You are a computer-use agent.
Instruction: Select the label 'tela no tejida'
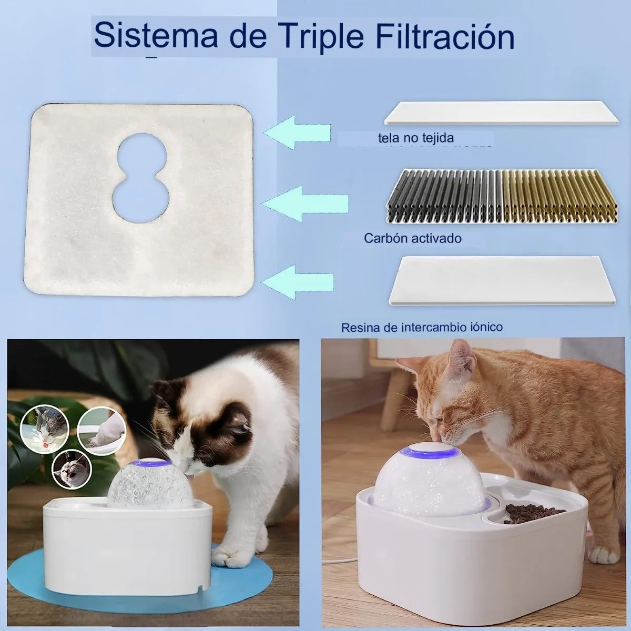point(416,138)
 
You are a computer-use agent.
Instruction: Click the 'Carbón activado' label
point(413,238)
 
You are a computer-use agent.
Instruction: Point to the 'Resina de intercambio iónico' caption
point(422,328)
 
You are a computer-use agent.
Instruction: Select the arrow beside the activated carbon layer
point(305,202)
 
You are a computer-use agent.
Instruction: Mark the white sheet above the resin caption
point(502,280)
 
